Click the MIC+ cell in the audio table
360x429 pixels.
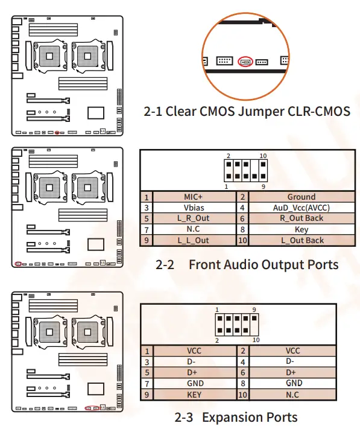[x=194, y=197]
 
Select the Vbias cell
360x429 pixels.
[x=194, y=208]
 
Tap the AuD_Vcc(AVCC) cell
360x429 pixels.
[x=301, y=208]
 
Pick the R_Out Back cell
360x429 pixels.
[x=301, y=218]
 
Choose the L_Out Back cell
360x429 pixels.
[x=301, y=240]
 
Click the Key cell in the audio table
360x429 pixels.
[x=301, y=229]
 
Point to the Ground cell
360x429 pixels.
[x=301, y=197]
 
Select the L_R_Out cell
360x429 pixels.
[x=194, y=218]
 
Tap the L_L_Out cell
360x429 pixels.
[x=194, y=240]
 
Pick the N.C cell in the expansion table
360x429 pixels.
[x=294, y=394]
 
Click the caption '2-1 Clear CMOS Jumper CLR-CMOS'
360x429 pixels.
[x=247, y=112]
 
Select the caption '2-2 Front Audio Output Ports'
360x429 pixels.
[x=247, y=264]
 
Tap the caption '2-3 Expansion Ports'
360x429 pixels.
[x=236, y=417]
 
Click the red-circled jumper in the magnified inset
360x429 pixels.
[x=245, y=62]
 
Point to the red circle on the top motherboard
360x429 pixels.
[x=57, y=132]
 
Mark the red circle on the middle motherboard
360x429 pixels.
[x=19, y=264]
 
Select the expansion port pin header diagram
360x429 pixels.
[x=236, y=324]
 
